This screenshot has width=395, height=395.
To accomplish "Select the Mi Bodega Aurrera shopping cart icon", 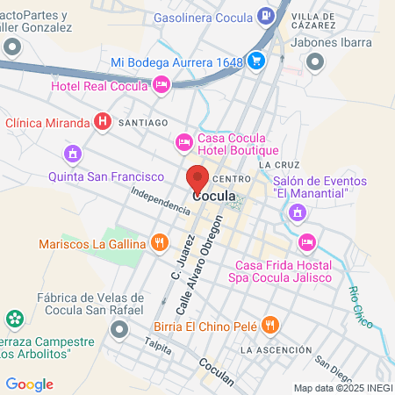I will click(256, 61).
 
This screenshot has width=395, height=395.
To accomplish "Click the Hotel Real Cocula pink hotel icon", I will click(161, 84).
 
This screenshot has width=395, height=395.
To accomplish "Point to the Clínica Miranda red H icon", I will click(103, 122).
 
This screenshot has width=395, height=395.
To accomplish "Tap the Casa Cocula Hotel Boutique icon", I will click(183, 140).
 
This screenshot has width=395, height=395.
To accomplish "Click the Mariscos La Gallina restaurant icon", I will click(159, 242).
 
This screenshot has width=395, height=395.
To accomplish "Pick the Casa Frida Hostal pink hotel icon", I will click(306, 241).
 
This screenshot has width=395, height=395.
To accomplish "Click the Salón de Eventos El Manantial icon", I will click(298, 212).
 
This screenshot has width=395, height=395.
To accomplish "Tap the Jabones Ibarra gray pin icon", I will click(315, 61).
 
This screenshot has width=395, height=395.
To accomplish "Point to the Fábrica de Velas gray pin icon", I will click(119, 330).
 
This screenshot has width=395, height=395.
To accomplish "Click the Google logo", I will click(29, 384).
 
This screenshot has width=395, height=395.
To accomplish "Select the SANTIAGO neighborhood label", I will click(140, 125).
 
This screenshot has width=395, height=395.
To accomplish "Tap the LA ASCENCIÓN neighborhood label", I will click(275, 350).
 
